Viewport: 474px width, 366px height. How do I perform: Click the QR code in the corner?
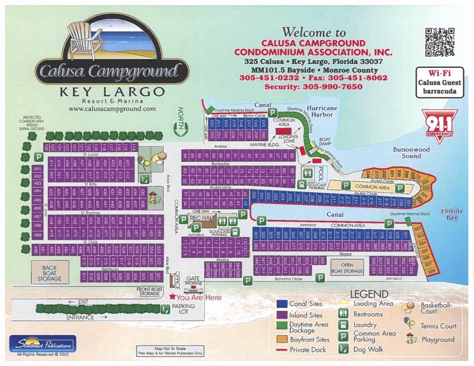pos(440,42)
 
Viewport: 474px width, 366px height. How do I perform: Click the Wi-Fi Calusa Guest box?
pos(440,83)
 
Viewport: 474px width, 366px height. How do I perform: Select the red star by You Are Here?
pos(172,297)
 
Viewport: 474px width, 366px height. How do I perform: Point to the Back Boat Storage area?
pos(50,273)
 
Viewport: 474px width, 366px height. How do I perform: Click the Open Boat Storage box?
pos(347,268)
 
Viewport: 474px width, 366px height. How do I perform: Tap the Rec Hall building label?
pos(202,218)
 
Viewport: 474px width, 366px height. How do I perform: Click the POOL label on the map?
pos(321,174)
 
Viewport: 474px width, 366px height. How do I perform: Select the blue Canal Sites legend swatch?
pos(282,304)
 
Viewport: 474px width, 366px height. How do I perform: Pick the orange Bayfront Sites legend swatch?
pos(282,339)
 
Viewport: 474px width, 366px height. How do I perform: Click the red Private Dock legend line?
pos(282,350)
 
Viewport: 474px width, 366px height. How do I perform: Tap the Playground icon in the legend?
pos(410,339)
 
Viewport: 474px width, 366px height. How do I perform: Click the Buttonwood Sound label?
pos(411,152)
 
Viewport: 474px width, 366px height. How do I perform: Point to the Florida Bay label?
pos(452,214)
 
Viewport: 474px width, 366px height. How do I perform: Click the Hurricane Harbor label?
pos(322,111)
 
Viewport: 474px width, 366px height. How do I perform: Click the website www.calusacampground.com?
pos(112,109)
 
